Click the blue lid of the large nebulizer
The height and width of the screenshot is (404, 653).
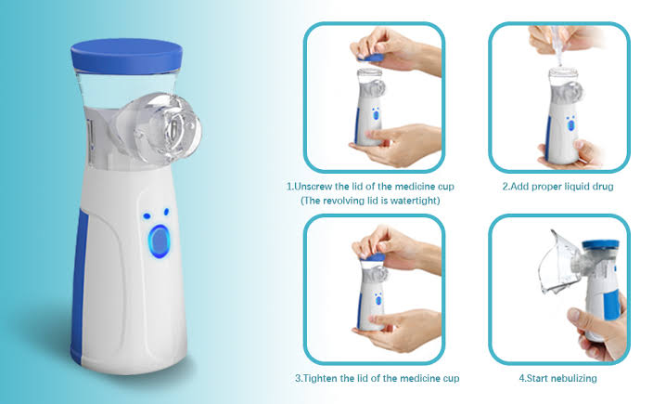click(x=126, y=56)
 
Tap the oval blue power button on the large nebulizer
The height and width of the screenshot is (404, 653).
click(x=160, y=241)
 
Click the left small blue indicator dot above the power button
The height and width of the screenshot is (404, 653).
click(x=147, y=216)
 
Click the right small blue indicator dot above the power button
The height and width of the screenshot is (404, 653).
click(x=167, y=212)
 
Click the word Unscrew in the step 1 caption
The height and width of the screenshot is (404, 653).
click(x=314, y=187)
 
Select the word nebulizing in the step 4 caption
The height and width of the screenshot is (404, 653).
click(x=574, y=378)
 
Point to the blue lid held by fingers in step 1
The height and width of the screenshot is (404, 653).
click(x=371, y=58)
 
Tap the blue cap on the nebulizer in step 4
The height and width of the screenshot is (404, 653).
click(x=600, y=244)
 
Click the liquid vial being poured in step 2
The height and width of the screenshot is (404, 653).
click(x=557, y=45)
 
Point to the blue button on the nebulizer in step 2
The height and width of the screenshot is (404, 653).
click(x=570, y=124)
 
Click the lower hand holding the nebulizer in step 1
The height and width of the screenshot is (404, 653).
click(x=395, y=145)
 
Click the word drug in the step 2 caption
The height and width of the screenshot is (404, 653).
click(x=603, y=187)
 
